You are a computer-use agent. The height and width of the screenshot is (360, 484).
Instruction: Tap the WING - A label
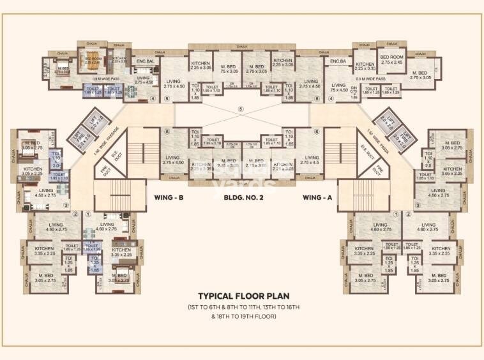pos(317,198)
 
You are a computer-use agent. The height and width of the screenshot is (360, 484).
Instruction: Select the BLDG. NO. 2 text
pos(242,198)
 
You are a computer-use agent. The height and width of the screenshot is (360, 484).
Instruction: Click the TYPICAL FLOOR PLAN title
pos(242,296)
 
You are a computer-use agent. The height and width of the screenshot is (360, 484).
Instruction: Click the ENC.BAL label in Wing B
pos(146,62)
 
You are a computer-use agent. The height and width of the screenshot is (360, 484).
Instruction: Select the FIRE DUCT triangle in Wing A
pos(378,171)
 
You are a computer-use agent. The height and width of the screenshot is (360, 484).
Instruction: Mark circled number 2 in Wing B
pos(75,214)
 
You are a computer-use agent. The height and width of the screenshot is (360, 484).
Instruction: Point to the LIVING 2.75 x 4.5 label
pos(311,160)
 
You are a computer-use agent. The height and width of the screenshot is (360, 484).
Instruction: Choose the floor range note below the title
pos(242,312)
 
